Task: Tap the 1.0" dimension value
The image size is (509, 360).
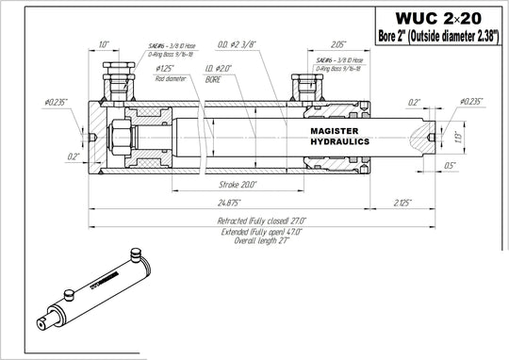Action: tap(103, 43)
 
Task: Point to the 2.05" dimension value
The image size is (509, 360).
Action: tap(338, 43)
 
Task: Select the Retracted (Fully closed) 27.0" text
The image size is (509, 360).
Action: tap(264, 220)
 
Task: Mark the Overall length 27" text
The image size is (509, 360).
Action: tap(265, 240)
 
